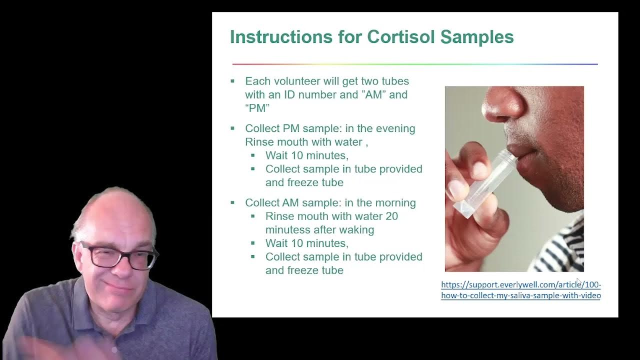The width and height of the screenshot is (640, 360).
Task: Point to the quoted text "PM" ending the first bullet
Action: pos(257,108)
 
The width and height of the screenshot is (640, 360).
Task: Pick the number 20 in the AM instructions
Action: pos(391,216)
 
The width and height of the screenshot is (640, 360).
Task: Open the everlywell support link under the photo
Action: pos(520,290)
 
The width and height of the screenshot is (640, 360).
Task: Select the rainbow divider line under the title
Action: pos(414,64)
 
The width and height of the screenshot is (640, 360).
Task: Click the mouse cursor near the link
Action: pos(578,282)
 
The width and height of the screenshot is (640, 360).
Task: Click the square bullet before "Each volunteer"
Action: pos(232,81)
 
